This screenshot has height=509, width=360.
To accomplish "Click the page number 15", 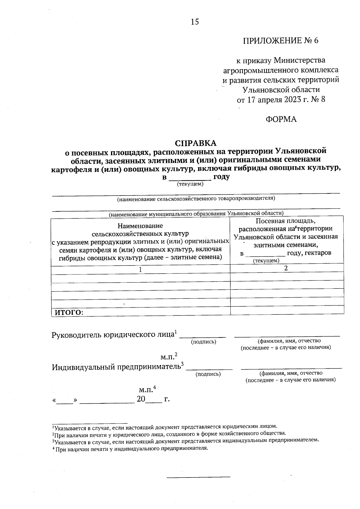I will click(194, 22).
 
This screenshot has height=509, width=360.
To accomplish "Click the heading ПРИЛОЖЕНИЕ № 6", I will click(280, 40).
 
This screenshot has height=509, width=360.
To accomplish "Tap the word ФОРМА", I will click(281, 119).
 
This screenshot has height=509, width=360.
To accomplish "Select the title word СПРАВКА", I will click(195, 143).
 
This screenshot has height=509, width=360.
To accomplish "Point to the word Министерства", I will click(300, 60).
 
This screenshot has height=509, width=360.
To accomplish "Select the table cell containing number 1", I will click(140, 270).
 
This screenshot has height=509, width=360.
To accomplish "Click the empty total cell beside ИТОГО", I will click(286, 310).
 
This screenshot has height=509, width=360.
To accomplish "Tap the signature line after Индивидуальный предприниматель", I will click(209, 368).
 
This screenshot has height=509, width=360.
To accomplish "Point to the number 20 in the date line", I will click(141, 399).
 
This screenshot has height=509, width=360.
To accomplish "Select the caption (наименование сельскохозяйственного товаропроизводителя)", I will click(196, 199).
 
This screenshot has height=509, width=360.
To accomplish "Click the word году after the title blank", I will click(221, 177).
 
